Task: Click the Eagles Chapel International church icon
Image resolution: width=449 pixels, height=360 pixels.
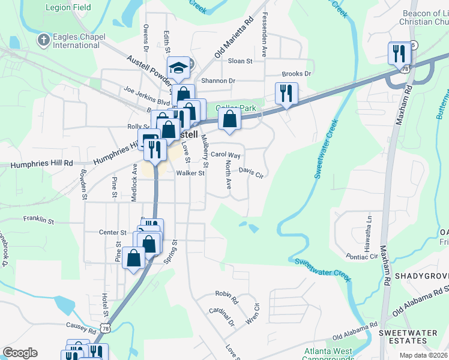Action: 43,40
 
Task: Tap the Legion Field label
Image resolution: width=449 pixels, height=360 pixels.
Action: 68,8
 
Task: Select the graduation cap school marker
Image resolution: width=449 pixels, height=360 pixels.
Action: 178,67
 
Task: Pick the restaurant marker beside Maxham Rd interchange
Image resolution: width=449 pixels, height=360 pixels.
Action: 399,53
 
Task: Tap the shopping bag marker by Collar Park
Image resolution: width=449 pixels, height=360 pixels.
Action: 229,118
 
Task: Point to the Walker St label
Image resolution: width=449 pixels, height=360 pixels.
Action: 190,173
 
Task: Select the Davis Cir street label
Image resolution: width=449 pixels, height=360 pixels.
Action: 251,172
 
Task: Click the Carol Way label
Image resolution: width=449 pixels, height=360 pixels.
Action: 225,155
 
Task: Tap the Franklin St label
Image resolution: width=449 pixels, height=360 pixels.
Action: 38,220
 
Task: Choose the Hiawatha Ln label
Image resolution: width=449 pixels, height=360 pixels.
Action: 370,229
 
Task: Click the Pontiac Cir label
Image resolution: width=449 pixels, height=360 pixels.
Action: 361,256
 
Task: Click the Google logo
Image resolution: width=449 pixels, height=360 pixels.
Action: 20,353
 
